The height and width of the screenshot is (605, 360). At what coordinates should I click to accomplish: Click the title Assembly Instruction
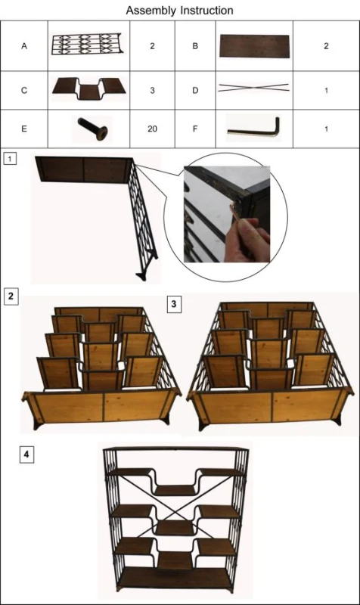[x=179, y=10]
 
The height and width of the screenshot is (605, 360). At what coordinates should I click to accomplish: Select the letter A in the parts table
[x=24, y=46]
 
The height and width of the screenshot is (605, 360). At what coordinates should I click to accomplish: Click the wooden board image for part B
[x=254, y=46]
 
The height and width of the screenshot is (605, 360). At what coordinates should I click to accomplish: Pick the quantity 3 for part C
[x=153, y=90]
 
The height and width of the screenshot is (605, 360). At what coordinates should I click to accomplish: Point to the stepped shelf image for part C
[x=89, y=88]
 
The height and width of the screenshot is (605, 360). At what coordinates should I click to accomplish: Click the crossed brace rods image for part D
[x=253, y=88]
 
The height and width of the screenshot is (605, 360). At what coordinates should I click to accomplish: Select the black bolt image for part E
[x=92, y=129]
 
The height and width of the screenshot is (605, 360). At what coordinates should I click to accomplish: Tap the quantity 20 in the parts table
[x=153, y=129]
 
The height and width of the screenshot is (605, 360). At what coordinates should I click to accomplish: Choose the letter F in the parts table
[x=195, y=129]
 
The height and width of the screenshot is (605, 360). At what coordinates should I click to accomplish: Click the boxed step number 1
[x=10, y=158]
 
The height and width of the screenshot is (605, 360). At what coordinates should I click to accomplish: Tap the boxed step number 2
[x=11, y=296]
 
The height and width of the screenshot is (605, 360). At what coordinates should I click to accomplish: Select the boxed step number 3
[x=174, y=304]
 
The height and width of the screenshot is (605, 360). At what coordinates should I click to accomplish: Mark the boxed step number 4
[x=26, y=455]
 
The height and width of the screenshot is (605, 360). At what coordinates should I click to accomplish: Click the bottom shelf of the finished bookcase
[x=175, y=578]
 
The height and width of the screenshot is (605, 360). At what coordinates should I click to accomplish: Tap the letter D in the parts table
[x=195, y=90]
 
